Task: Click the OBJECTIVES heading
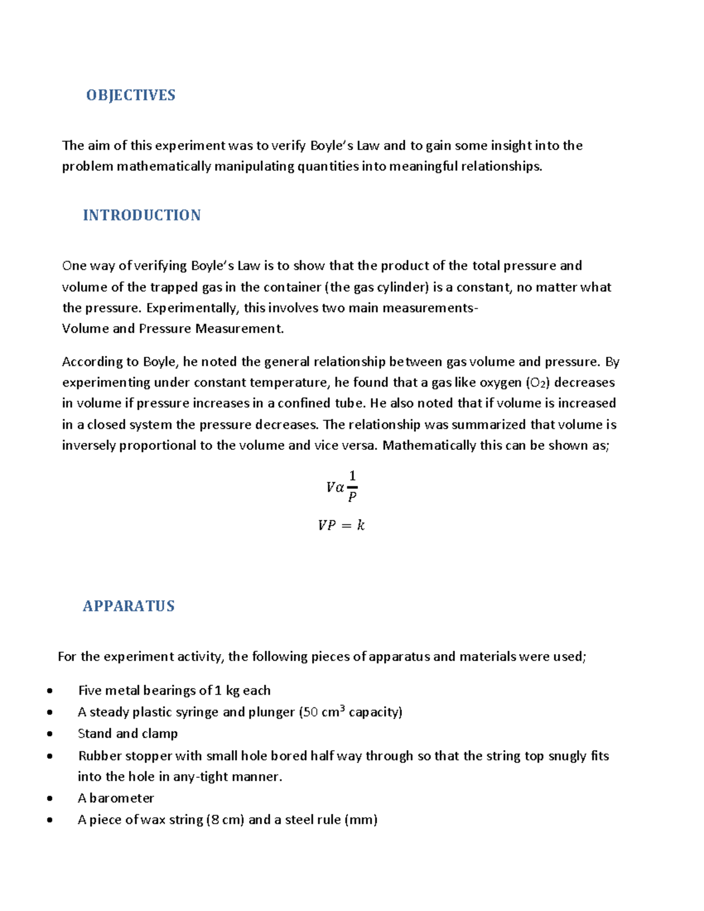(130, 95)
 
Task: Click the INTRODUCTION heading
(141, 215)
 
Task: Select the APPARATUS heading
(128, 606)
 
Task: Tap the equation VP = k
(341, 525)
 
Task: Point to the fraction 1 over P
(352, 486)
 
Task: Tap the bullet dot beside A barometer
(50, 798)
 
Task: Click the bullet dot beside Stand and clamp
(50, 734)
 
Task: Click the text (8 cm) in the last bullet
(225, 819)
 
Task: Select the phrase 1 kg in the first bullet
(226, 690)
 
